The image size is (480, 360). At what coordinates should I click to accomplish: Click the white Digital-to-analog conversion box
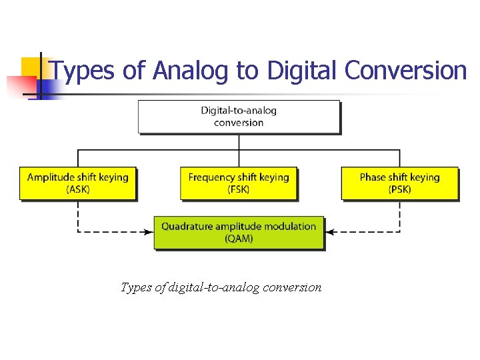point(239,117)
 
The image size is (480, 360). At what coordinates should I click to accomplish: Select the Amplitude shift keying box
point(78,183)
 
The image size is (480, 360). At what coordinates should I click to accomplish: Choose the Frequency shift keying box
point(239,183)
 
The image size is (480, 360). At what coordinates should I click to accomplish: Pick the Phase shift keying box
point(400,183)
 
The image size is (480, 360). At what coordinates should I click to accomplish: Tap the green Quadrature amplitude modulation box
point(239,232)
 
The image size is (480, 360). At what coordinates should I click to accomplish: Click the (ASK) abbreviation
point(78,189)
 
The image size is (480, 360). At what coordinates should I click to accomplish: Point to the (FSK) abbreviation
point(239,189)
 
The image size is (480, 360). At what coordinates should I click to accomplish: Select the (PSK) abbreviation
point(400,189)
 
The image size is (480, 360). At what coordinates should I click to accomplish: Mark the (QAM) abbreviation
point(239,239)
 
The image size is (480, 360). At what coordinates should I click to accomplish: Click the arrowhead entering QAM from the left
point(149,232)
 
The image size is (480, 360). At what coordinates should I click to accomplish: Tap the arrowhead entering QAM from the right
point(329,232)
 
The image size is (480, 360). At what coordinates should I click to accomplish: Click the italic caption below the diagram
point(221,287)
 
